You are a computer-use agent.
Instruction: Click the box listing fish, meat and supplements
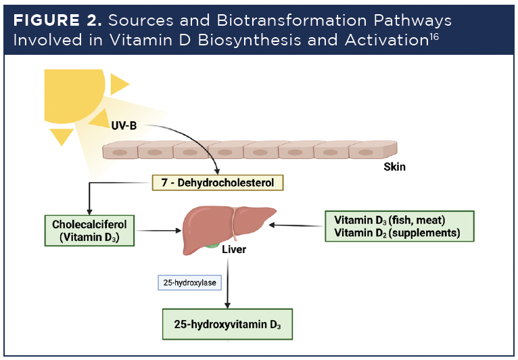tap(397, 225)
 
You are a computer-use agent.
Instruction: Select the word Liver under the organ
tap(234, 250)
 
